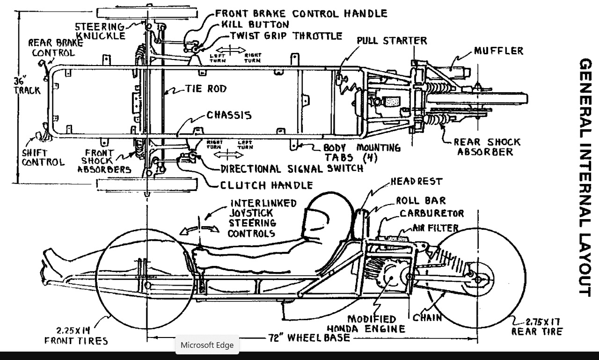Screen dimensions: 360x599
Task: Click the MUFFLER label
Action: [x=498, y=51]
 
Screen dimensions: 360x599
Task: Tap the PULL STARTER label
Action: [x=392, y=41]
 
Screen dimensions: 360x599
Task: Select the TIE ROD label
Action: [x=205, y=88]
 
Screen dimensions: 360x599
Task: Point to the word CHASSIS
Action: [x=229, y=115]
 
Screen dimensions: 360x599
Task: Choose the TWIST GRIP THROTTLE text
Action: [x=286, y=36]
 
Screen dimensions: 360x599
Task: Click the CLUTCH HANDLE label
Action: [x=266, y=185]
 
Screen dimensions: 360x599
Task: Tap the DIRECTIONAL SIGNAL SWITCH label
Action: [x=292, y=169]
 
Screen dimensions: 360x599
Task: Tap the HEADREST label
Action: [x=416, y=181]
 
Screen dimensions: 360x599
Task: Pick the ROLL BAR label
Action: [x=421, y=201]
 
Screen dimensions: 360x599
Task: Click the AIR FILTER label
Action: [x=435, y=228]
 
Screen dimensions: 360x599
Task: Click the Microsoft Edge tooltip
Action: [x=207, y=345]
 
